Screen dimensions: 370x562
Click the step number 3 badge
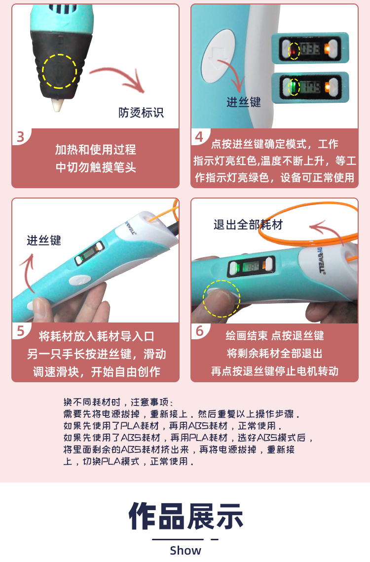20,137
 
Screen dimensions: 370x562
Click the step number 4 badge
199,137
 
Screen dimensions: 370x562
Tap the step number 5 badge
20,331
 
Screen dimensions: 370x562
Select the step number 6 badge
199,331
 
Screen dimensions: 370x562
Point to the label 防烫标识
141,113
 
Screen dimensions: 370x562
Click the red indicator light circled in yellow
294,50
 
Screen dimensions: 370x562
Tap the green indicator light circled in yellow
294,87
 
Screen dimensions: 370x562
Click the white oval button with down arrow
218,56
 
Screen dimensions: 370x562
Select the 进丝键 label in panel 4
244,102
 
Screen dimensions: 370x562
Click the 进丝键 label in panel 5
44,240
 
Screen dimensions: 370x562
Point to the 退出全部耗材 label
248,225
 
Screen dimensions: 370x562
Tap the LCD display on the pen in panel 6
252,266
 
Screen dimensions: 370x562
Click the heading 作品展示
186,516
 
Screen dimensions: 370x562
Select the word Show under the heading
185,550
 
